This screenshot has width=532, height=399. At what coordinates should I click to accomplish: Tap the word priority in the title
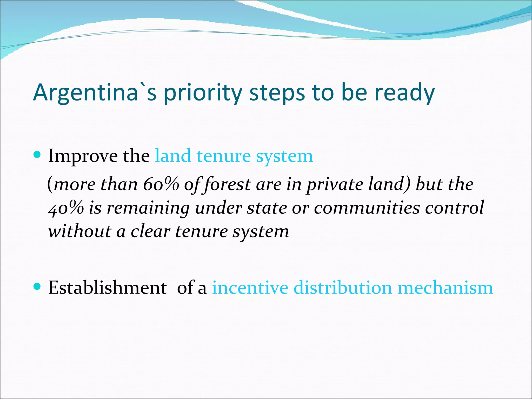pyautogui.click(x=202, y=94)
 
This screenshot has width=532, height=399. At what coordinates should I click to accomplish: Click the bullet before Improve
pyautogui.click(x=38, y=155)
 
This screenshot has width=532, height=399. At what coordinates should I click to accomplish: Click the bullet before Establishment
pyautogui.click(x=38, y=287)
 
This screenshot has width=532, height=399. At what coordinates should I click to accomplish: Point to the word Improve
pyautogui.click(x=83, y=156)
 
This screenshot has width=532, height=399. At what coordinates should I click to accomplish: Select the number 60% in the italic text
pyautogui.click(x=161, y=184)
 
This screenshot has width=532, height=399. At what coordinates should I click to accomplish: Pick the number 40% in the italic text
pyautogui.click(x=66, y=208)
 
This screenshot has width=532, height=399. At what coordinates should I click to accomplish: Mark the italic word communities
pyautogui.click(x=367, y=208)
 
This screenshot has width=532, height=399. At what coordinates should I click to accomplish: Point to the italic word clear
pyautogui.click(x=150, y=231)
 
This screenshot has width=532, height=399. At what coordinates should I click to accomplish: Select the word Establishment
pyautogui.click(x=108, y=288)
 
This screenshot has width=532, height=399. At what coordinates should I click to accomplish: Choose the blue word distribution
pyautogui.click(x=343, y=288)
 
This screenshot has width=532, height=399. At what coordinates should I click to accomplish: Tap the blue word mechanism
pyautogui.click(x=445, y=288)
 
